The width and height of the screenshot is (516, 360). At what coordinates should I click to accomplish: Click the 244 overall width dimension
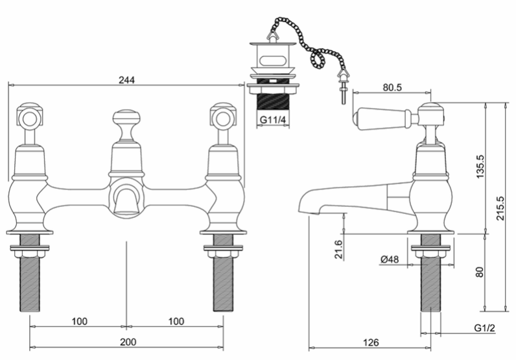coord(126,80)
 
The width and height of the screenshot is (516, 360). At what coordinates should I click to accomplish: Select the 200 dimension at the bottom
coord(128,342)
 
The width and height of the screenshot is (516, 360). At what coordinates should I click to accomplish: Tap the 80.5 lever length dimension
coord(392,88)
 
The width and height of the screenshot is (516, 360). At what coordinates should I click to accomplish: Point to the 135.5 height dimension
coord(480,167)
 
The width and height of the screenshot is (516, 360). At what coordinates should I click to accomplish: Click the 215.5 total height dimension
coord(500,208)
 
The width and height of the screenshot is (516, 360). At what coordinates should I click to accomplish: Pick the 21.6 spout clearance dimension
coord(338,249)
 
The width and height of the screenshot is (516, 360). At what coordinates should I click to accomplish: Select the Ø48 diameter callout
coord(390,259)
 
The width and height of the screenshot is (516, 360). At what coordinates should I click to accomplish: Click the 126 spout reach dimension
coord(371,342)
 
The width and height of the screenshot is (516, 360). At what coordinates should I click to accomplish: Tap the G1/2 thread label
coord(484,328)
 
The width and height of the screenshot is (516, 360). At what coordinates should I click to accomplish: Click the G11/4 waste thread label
coord(273,119)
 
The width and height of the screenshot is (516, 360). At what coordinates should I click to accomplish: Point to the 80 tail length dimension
coord(480,272)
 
